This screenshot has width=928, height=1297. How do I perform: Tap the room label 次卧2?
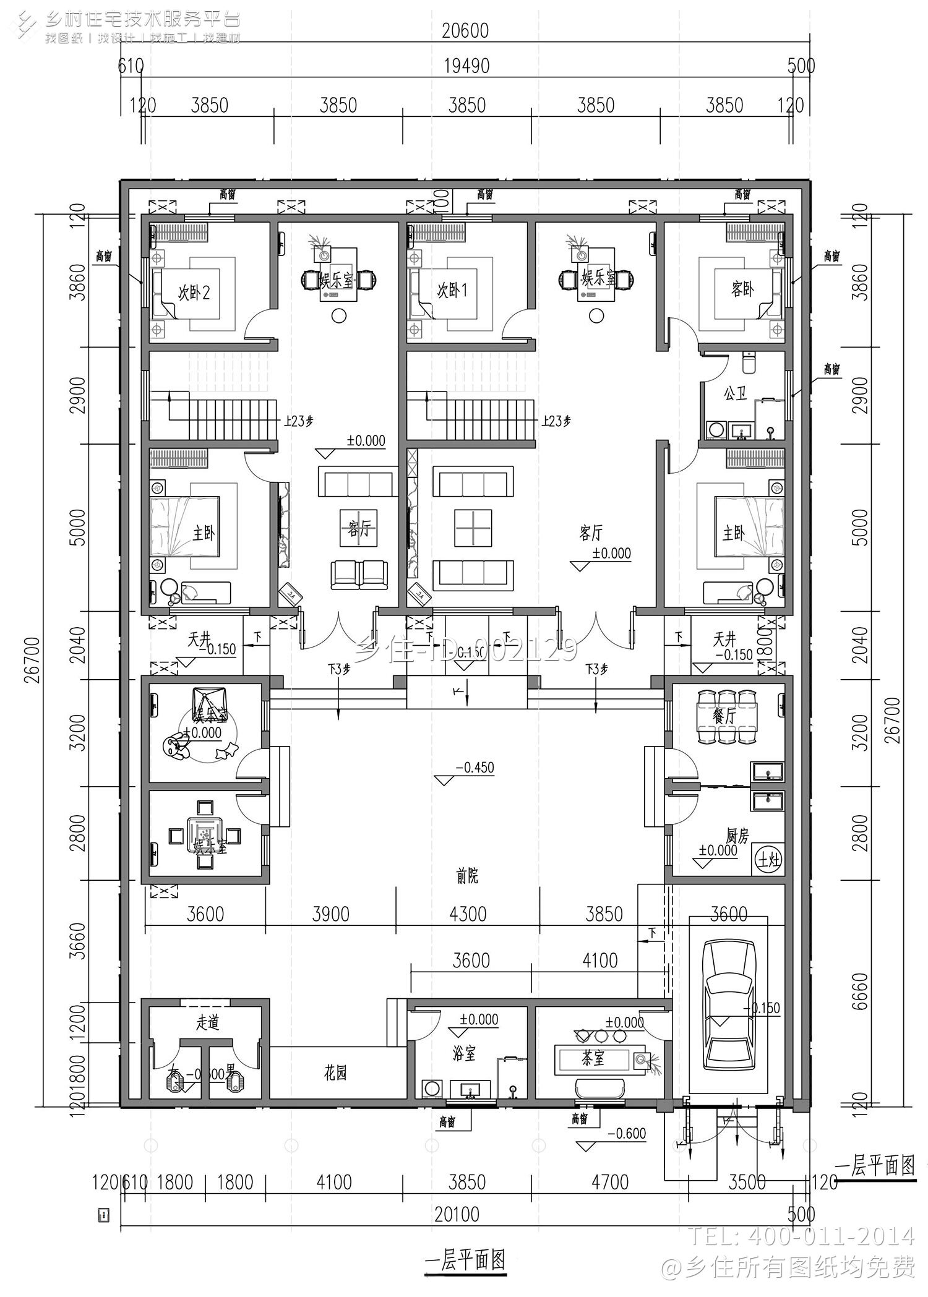point(194,292)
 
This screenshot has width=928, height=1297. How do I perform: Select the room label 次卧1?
point(452,291)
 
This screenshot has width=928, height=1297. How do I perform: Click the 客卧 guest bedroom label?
point(742,289)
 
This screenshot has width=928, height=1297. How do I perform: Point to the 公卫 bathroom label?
point(735,393)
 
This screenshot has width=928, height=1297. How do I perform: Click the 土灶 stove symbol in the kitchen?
point(768,860)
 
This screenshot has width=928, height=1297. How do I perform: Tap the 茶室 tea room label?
point(592,1059)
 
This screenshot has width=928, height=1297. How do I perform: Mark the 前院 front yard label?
point(467,876)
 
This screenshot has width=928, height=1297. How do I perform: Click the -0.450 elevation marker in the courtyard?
point(473,768)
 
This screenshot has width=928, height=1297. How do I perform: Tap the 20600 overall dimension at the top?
point(465,30)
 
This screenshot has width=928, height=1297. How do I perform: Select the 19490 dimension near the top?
point(466,66)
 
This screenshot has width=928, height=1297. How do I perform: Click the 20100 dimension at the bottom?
point(457,1214)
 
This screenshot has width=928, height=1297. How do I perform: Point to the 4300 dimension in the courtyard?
point(468,914)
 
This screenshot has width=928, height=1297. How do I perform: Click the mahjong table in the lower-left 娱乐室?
point(204,836)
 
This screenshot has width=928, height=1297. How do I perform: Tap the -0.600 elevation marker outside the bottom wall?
point(626,1134)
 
